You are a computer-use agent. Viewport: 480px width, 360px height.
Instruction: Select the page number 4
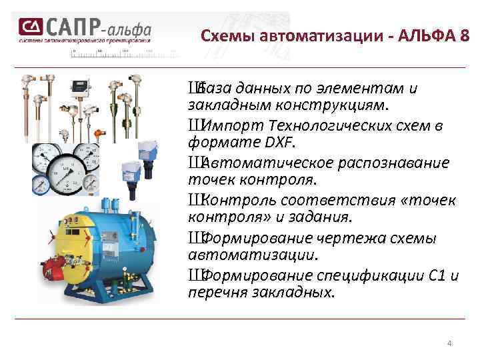449,343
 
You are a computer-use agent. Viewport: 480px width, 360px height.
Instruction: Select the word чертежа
329,238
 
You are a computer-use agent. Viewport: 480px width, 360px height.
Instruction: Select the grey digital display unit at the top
81,85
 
